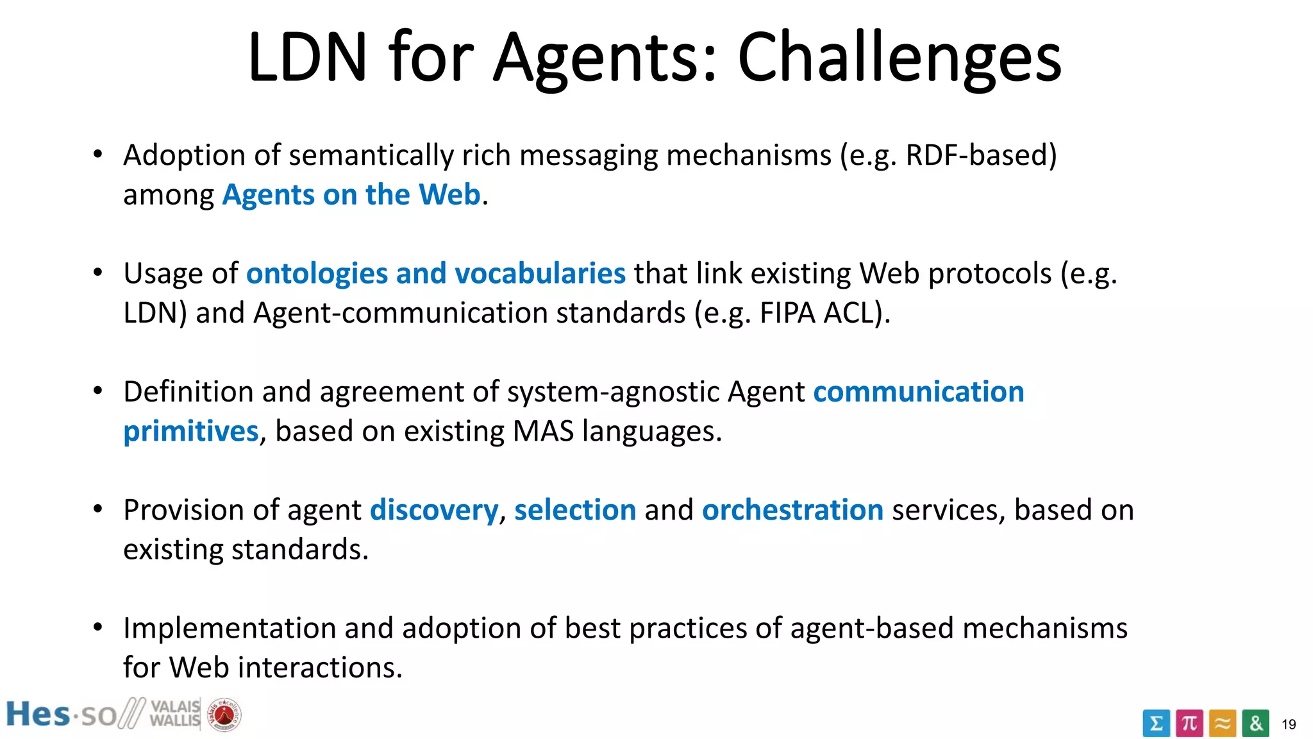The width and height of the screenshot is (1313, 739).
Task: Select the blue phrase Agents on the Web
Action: (351, 194)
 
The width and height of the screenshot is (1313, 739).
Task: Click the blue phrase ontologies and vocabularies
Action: (436, 273)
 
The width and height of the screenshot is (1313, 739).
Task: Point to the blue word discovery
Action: (434, 510)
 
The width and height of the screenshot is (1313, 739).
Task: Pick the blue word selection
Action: (575, 510)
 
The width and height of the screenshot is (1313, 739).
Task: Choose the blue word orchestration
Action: (792, 510)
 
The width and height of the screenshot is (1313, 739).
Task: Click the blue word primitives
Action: (190, 431)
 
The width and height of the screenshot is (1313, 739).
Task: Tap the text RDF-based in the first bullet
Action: (980, 155)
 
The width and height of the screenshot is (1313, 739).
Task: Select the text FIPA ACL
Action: (817, 313)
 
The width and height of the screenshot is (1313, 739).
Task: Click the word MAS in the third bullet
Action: (543, 431)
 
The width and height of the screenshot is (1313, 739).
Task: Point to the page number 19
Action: (1289, 724)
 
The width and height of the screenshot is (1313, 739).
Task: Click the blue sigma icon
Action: (1156, 723)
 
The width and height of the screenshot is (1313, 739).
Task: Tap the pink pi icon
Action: (1189, 723)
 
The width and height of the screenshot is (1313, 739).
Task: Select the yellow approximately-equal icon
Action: (1223, 723)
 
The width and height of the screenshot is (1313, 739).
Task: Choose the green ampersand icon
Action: (1255, 723)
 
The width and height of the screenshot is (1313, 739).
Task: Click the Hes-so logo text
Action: (61, 715)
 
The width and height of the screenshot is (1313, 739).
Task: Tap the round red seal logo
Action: (224, 715)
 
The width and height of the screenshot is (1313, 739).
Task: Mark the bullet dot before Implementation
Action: (97, 627)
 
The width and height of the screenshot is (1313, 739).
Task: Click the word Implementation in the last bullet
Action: (230, 628)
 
